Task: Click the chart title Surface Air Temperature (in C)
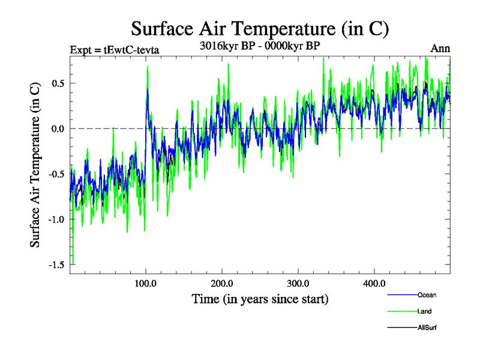260,28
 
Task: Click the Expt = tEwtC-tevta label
115,49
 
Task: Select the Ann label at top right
440,49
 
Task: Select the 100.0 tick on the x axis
146,283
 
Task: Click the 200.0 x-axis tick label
222,283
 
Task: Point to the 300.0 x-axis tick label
298,283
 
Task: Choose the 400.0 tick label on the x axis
374,283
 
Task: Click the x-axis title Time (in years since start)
260,299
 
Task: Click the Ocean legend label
427,295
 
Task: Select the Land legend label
425,311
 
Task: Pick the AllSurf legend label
427,328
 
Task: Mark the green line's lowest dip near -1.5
74,263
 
